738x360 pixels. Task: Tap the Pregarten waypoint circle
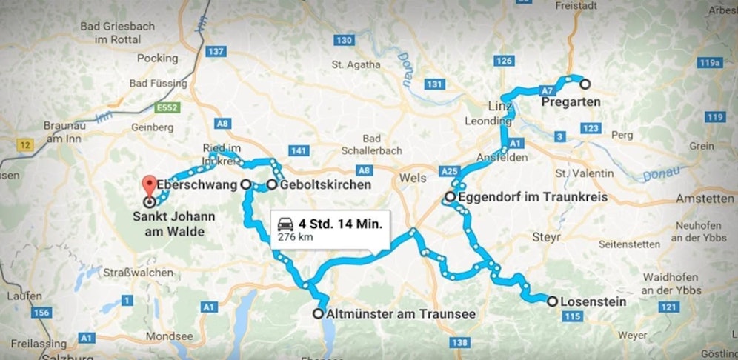click(585, 84)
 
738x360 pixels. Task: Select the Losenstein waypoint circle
click(552, 301)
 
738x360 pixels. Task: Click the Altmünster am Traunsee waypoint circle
click(318, 313)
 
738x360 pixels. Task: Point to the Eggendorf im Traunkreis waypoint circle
click(450, 197)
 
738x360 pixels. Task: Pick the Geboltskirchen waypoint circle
click(272, 184)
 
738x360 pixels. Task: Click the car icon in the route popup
click(285, 224)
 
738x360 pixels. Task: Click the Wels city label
click(413, 179)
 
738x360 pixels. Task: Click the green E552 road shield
click(168, 109)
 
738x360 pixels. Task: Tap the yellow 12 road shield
click(26, 144)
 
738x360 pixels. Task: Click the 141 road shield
click(299, 152)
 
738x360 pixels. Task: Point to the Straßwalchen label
click(137, 272)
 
